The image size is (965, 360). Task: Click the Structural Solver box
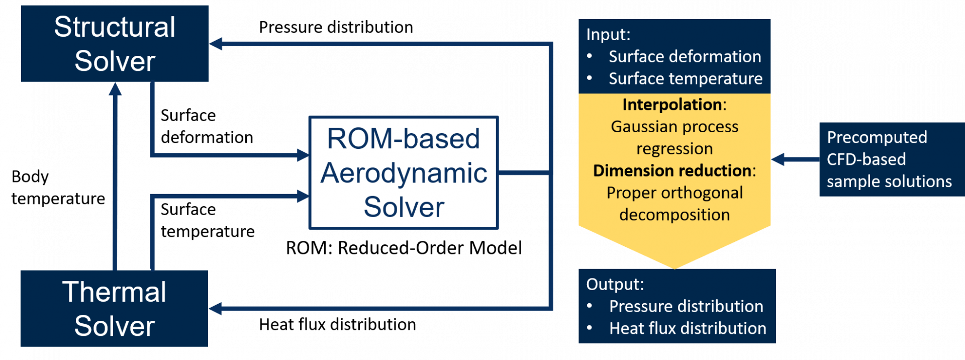pos(115,44)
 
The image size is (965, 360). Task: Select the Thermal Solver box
pos(115,309)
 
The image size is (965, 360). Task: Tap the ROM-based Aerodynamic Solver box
pos(404,172)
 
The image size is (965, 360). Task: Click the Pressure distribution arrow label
pos(336,27)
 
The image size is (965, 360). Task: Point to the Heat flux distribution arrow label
pos(337,325)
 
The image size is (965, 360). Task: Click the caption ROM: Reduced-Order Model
pos(404,248)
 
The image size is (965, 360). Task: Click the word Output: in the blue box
pos(615,285)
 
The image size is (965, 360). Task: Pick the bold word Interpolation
pos(672,105)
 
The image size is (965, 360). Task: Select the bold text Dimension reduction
pos(672,171)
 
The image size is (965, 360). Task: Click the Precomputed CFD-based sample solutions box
pos(890,159)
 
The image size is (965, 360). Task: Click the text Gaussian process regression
pos(674,138)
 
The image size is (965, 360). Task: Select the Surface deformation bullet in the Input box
pos(685,57)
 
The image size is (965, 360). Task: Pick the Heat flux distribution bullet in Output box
pos(688,329)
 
